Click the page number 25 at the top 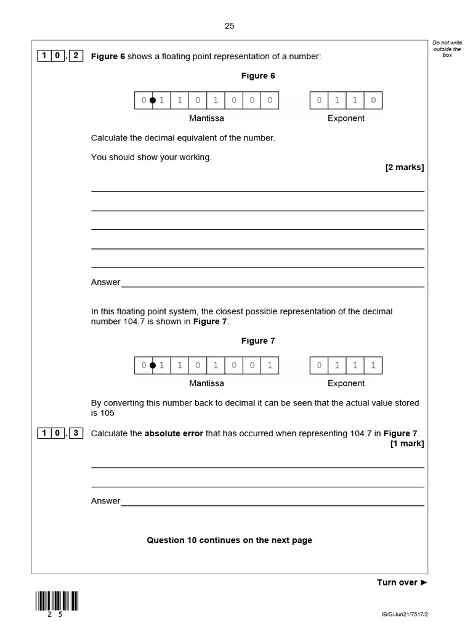point(229,26)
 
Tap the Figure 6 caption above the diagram point(258,76)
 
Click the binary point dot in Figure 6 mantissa point(153,100)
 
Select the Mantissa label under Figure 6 point(206,118)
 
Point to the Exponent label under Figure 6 point(346,118)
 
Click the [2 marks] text point(405,167)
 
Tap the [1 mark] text point(406,443)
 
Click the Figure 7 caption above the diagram point(258,341)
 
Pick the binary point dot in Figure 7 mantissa point(153,365)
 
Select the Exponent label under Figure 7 point(346,383)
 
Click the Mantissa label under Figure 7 point(206,383)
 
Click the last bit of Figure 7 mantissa point(269,365)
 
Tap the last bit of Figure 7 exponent point(373,365)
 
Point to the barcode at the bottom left point(57,601)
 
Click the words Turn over point(397,582)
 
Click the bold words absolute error point(174,433)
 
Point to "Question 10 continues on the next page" point(229,540)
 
